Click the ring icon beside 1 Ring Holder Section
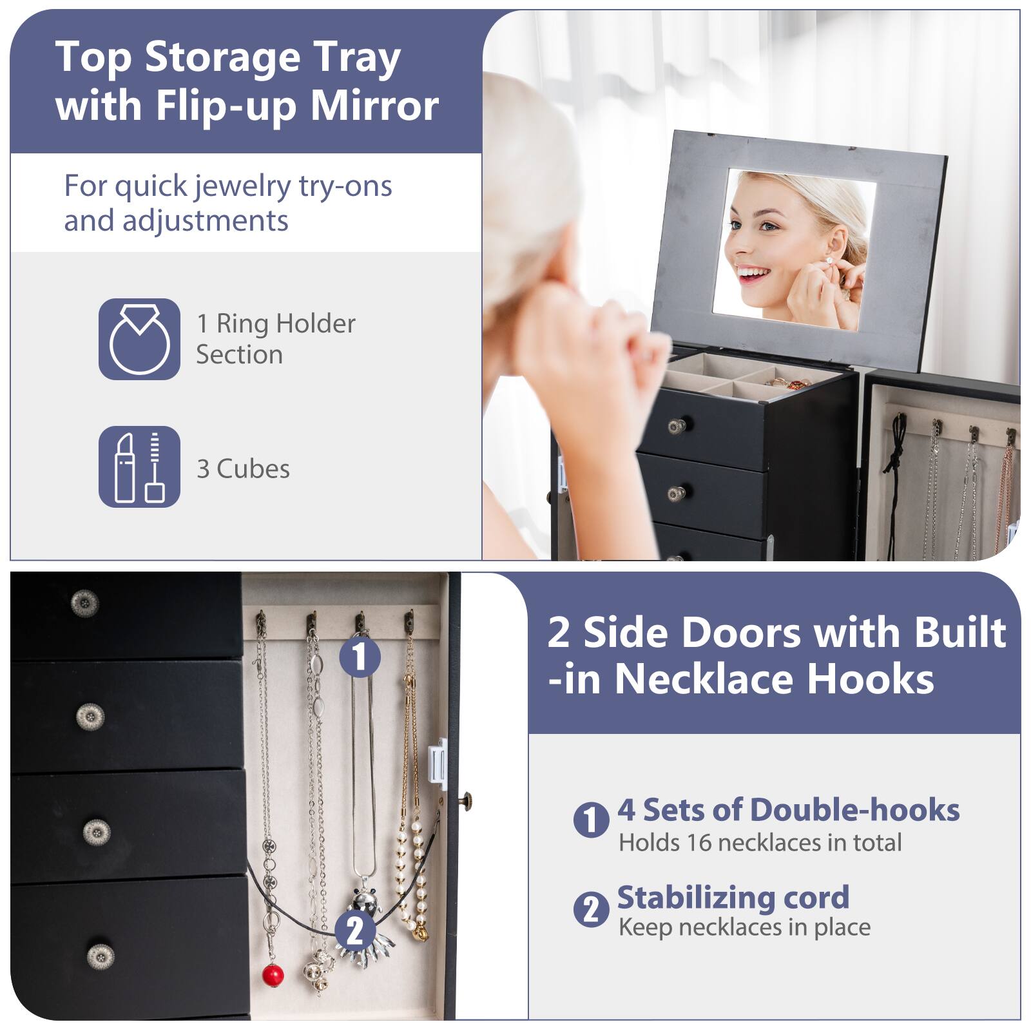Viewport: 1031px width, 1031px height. (x=139, y=339)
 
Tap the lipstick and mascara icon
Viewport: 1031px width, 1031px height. (x=139, y=467)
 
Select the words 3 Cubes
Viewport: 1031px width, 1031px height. (x=243, y=469)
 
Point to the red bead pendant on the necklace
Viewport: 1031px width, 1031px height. (x=273, y=974)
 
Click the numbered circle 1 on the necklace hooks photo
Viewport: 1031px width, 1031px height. (x=360, y=657)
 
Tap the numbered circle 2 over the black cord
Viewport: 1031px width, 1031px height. (x=354, y=930)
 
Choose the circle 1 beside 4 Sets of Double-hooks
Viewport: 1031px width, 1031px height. (x=591, y=820)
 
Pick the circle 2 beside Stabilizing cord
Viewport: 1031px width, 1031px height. (x=591, y=909)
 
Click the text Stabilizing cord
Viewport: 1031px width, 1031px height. (x=733, y=897)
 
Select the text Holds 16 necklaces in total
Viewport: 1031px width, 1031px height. (x=760, y=842)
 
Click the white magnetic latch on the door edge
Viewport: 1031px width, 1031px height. (x=438, y=763)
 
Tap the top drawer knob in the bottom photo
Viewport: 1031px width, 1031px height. (x=84, y=603)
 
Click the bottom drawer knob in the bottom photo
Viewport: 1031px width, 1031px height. (x=100, y=956)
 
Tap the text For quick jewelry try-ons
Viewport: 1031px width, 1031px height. (x=228, y=186)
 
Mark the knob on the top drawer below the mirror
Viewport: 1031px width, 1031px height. (x=676, y=425)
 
